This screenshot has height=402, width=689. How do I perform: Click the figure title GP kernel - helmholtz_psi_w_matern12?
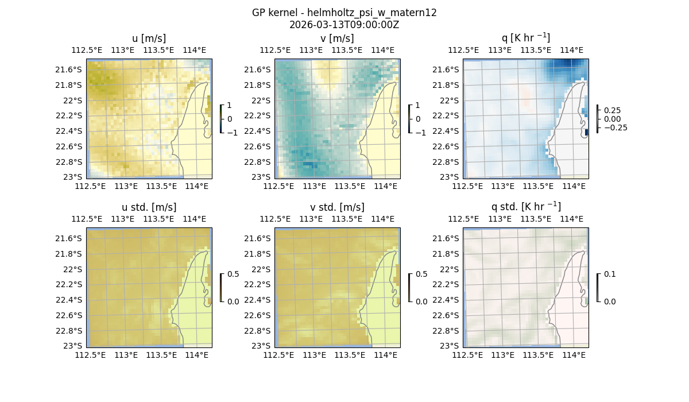(344, 13)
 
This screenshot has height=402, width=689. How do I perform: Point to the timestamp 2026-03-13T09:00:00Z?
(344, 25)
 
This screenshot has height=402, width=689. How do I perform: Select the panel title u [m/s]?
(149, 38)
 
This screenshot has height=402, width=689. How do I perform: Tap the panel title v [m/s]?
(337, 38)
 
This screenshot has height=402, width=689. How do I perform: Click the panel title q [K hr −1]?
(525, 38)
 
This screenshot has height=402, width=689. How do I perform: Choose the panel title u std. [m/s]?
(149, 207)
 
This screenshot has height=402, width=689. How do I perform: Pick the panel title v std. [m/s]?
(337, 207)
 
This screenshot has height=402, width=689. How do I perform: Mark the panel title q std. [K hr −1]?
(525, 207)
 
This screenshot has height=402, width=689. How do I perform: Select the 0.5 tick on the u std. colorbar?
(233, 274)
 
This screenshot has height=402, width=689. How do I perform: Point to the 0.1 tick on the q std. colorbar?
(610, 274)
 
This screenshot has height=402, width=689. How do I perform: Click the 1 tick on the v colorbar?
(418, 105)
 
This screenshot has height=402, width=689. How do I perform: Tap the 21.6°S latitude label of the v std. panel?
(258, 238)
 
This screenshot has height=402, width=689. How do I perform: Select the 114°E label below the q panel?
(574, 186)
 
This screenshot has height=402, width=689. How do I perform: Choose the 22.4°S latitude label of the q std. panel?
(447, 300)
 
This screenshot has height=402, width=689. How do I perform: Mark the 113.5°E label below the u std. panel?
(161, 355)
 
